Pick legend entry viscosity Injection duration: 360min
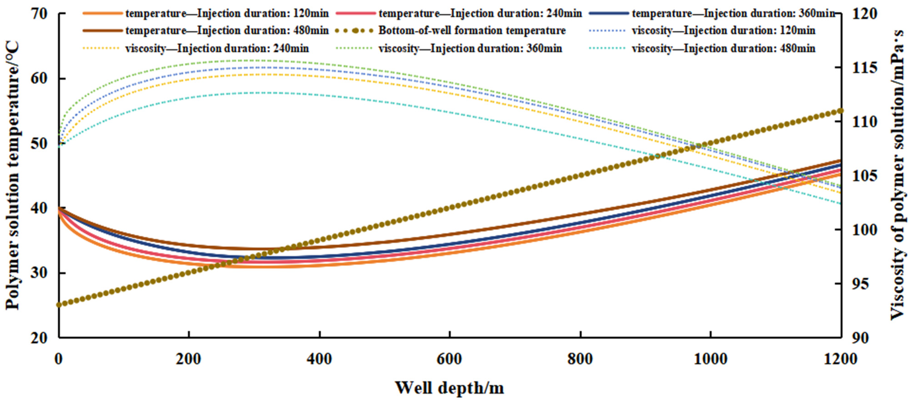tap(470, 48)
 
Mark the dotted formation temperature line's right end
tap(840, 111)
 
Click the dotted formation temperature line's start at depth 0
tap(59, 305)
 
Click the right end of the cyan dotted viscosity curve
tap(840, 204)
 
